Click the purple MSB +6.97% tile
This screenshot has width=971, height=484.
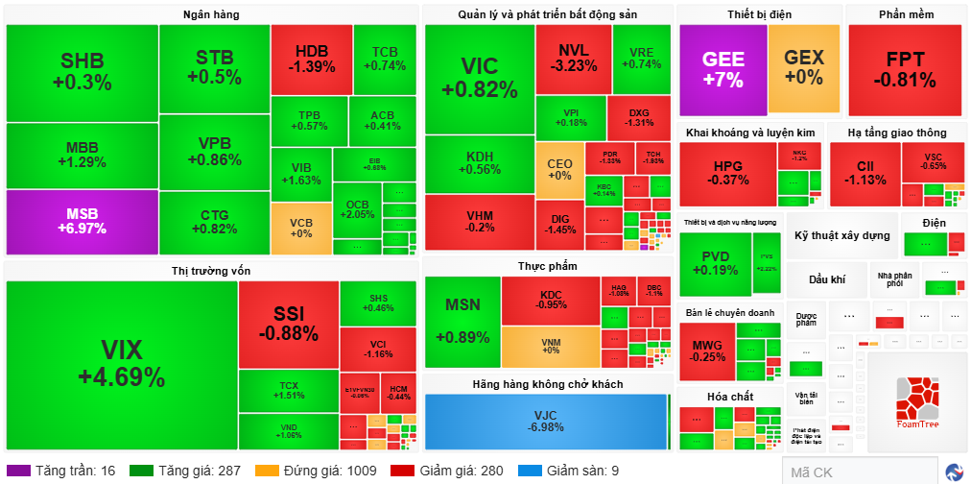[82, 221]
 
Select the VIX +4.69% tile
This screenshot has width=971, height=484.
[121, 363]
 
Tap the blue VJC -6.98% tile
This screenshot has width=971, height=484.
[545, 421]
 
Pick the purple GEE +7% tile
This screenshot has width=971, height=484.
[722, 68]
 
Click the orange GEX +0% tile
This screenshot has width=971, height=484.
[803, 68]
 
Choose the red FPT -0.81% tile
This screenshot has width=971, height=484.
[905, 68]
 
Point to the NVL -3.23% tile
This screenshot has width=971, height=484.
[574, 57]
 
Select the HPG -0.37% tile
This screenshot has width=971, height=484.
[727, 173]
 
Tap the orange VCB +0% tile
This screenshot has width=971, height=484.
[300, 228]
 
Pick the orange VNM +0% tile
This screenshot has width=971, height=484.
[550, 347]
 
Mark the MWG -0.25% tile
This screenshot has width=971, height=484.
[707, 351]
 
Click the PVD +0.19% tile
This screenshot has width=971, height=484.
[715, 263]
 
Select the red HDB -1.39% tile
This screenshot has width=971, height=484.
[311, 59]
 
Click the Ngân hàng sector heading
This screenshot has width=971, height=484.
[211, 14]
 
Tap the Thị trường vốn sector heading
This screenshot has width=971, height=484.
[211, 271]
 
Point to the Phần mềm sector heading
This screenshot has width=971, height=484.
[906, 14]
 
